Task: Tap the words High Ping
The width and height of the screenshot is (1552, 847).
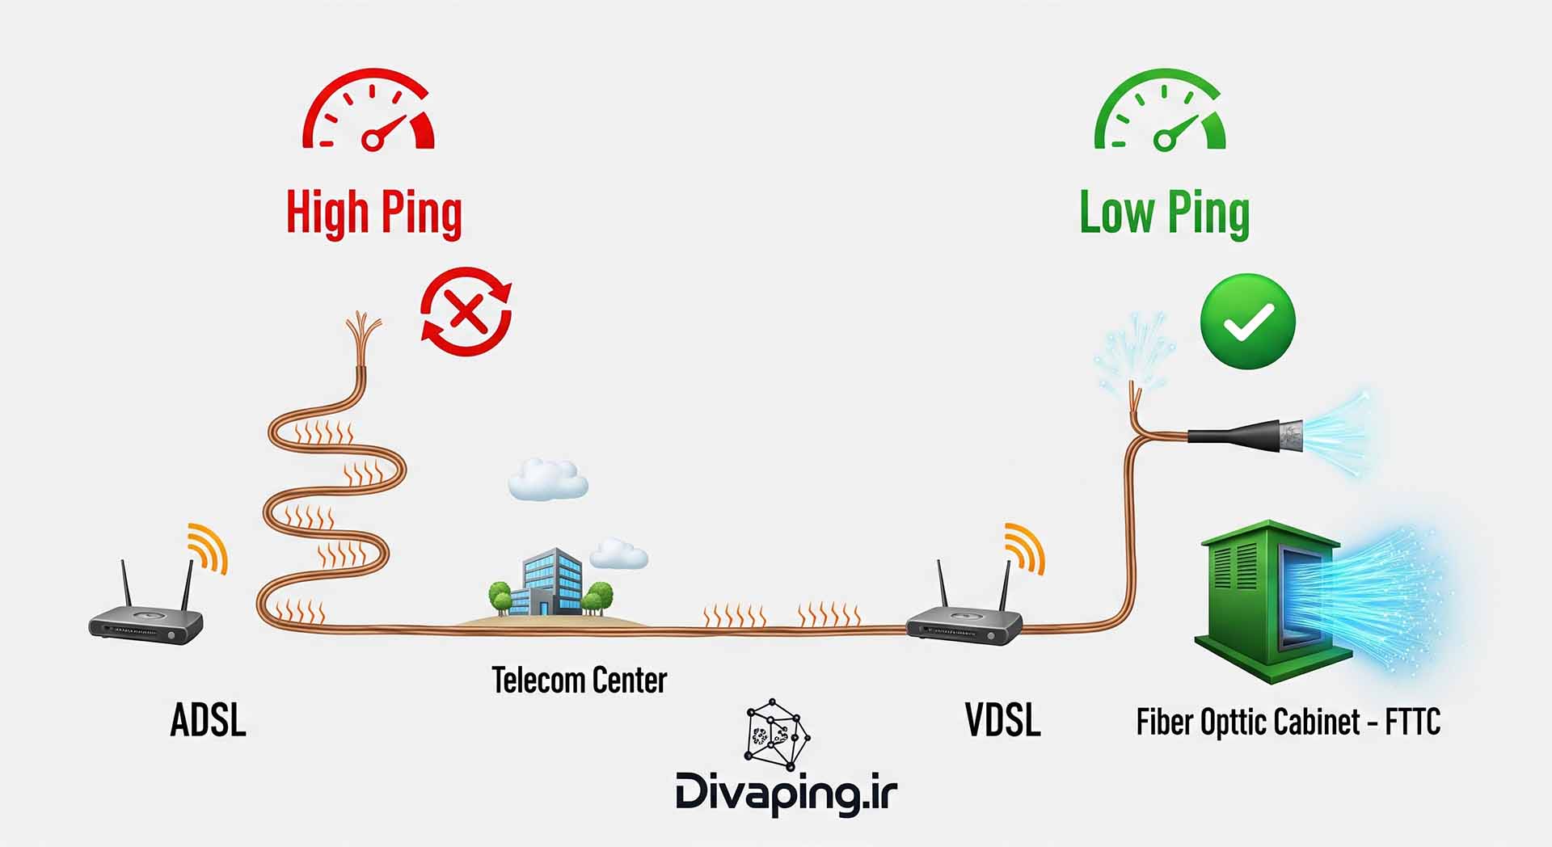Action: (373, 213)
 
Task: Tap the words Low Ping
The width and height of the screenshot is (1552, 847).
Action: (1164, 213)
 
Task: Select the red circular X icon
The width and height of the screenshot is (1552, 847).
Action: (466, 312)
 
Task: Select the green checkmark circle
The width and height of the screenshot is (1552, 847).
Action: (1247, 322)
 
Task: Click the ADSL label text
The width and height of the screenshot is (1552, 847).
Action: (208, 719)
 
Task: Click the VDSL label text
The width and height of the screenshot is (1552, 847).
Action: (1002, 719)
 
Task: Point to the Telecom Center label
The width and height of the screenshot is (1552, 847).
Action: (579, 681)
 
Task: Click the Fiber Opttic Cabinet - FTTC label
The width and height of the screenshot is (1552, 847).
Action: (1288, 722)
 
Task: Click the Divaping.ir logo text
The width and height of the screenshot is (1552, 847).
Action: (786, 792)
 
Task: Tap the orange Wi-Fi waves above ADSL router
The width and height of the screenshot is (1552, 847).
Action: (207, 546)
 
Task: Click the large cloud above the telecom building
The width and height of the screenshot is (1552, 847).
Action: (547, 480)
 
